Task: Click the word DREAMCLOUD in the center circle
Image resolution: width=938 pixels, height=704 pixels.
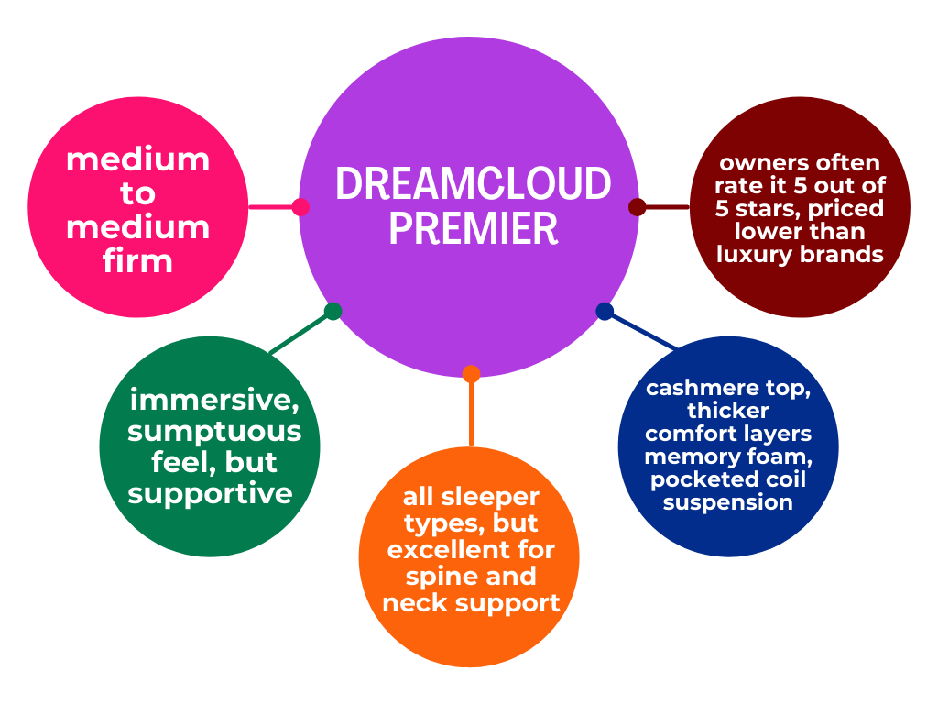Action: tap(474, 183)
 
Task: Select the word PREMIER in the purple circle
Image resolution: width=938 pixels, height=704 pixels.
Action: tap(474, 228)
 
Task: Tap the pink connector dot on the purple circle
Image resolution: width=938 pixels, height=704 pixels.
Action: tap(300, 207)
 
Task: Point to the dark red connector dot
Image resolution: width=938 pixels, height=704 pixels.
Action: tap(638, 207)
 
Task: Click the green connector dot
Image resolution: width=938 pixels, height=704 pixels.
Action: tap(333, 312)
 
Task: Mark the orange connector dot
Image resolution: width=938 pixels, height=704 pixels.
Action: tap(472, 374)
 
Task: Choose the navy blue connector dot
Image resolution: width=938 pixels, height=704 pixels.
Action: tap(605, 312)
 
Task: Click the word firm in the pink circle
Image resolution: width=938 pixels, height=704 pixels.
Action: tap(137, 261)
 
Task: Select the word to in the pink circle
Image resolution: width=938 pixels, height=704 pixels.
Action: tap(137, 194)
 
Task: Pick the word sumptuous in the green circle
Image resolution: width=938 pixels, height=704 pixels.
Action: tap(214, 433)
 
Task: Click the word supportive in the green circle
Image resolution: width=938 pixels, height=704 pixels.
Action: tap(210, 494)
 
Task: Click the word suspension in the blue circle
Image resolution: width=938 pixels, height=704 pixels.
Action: tap(728, 503)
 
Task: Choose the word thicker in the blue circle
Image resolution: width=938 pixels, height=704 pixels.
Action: tap(728, 411)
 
